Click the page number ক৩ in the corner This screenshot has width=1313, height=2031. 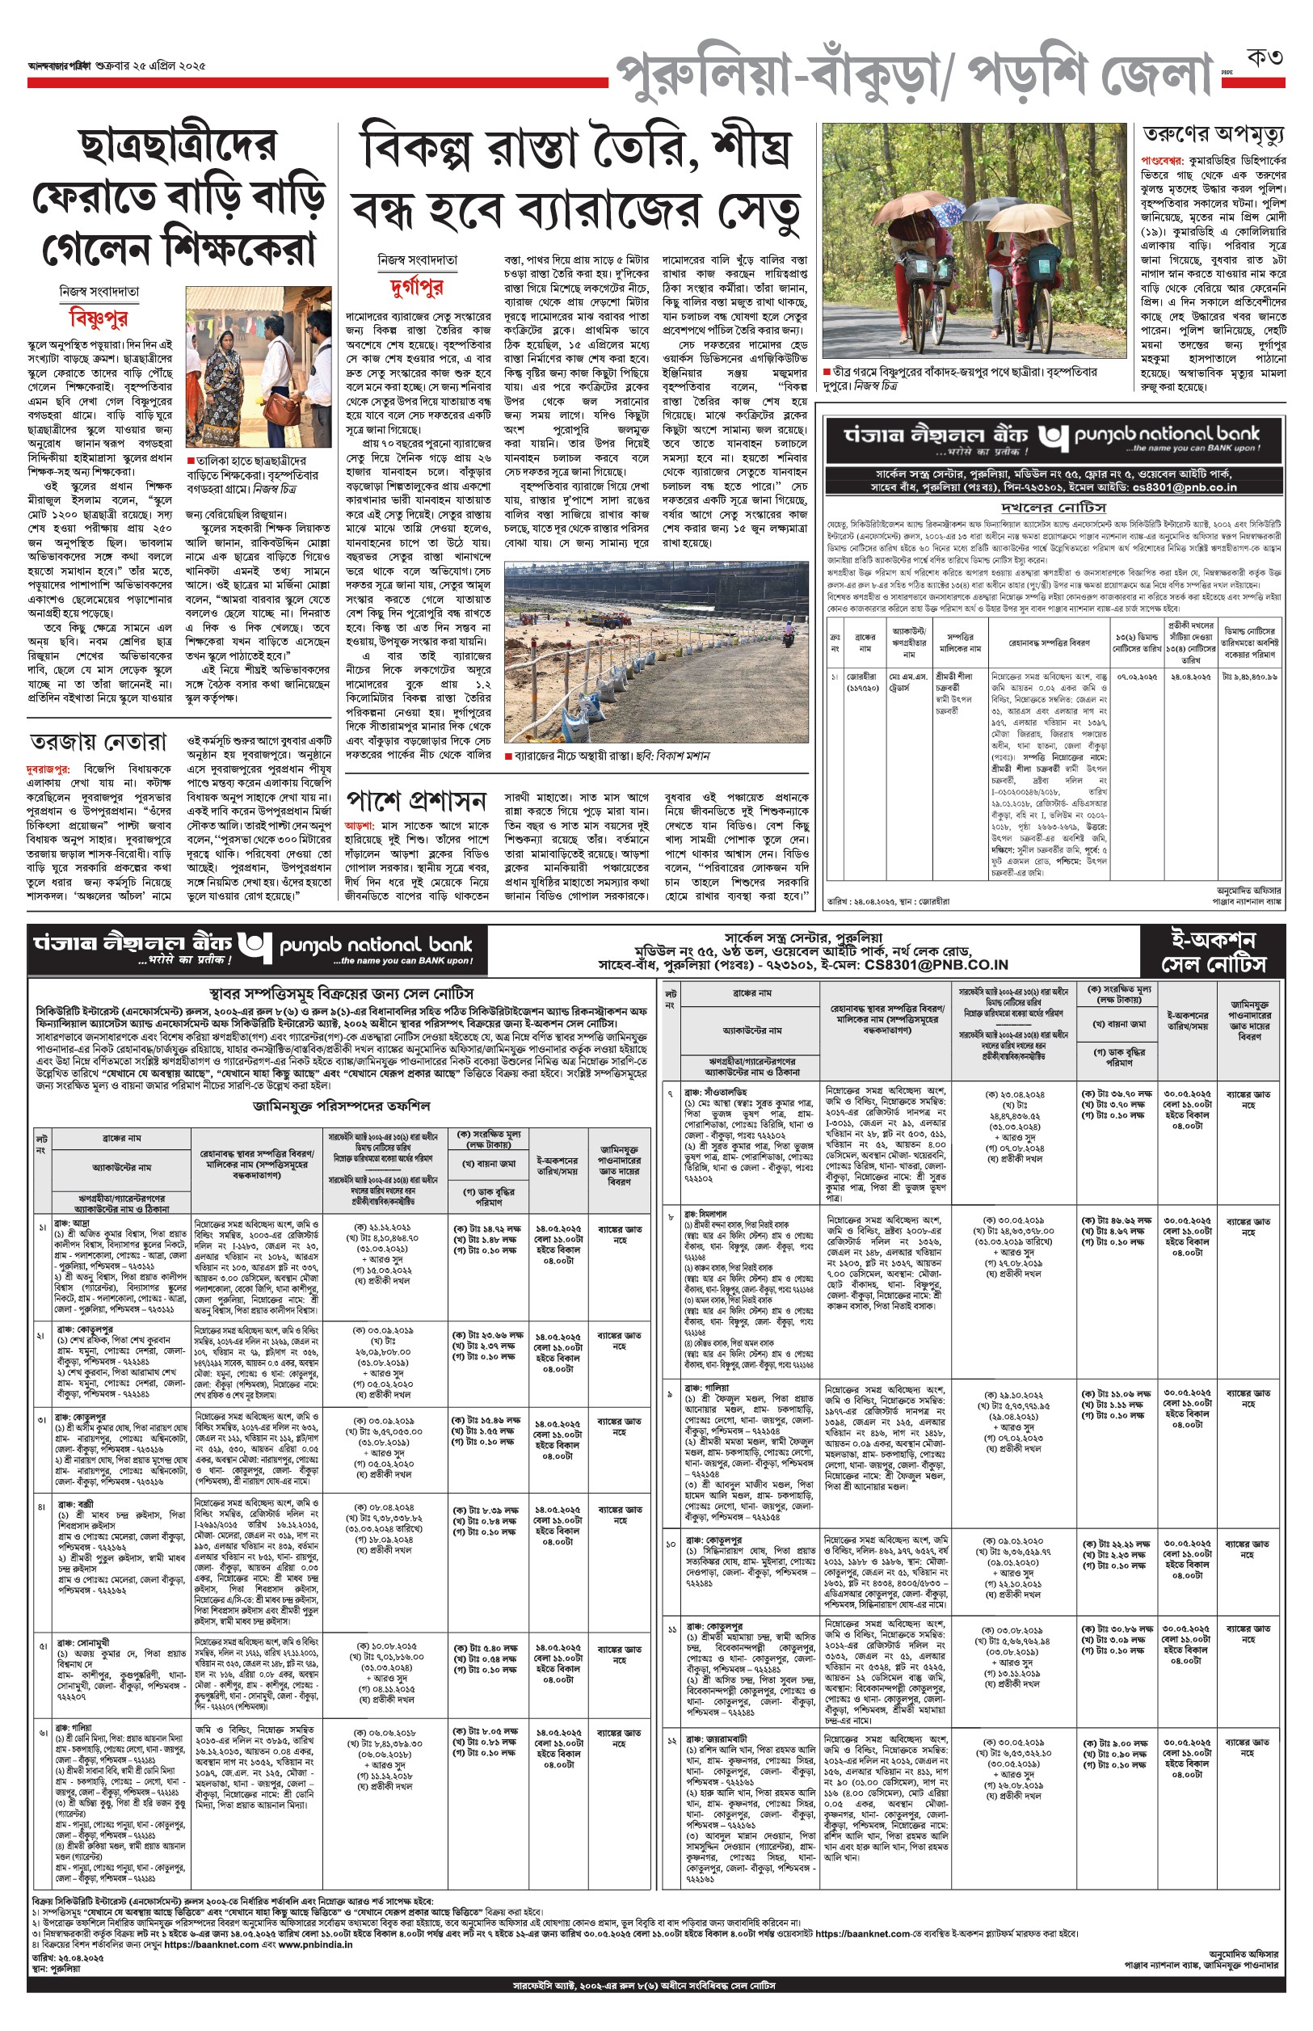coord(1265,58)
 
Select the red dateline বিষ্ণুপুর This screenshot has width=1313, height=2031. coord(98,319)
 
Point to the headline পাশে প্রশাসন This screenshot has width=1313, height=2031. coord(416,801)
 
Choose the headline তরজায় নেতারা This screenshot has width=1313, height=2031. coord(98,742)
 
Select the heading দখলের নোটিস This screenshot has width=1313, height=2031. coord(1054,508)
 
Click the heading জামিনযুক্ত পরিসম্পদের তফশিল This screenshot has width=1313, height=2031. coord(341,1106)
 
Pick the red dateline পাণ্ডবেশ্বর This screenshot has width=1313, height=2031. coord(1160,160)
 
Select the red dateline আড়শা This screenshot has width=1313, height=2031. coord(358,825)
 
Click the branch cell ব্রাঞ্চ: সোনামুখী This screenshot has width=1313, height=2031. coord(82,1641)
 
